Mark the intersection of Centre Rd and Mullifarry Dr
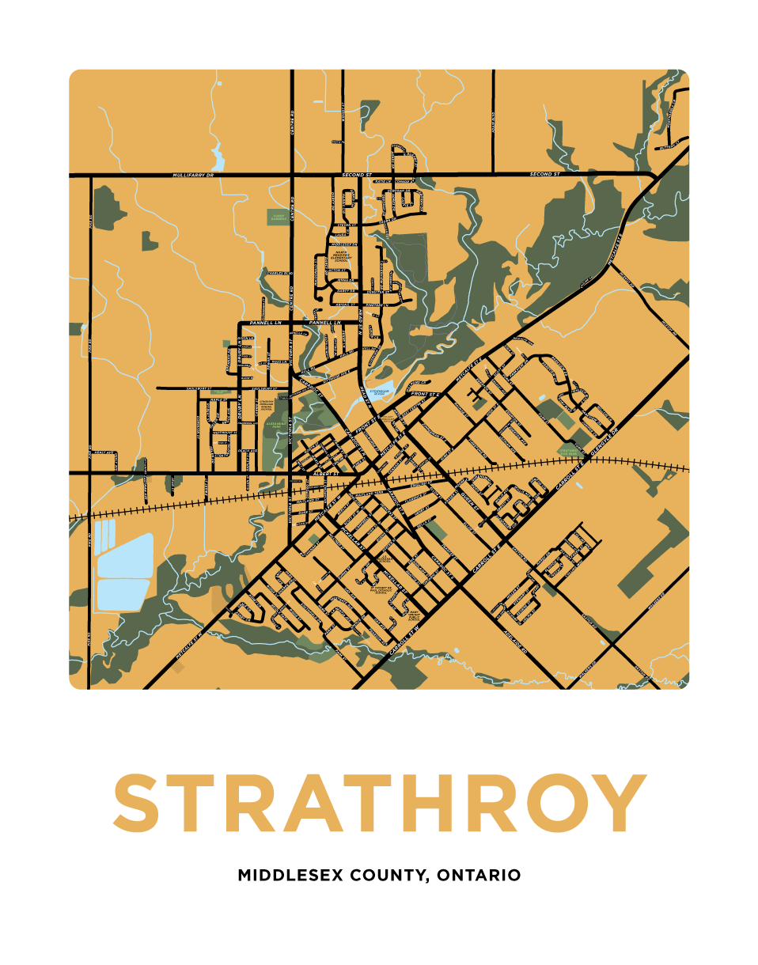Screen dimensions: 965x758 click(293, 173)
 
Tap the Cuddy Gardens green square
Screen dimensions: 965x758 click(278, 215)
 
